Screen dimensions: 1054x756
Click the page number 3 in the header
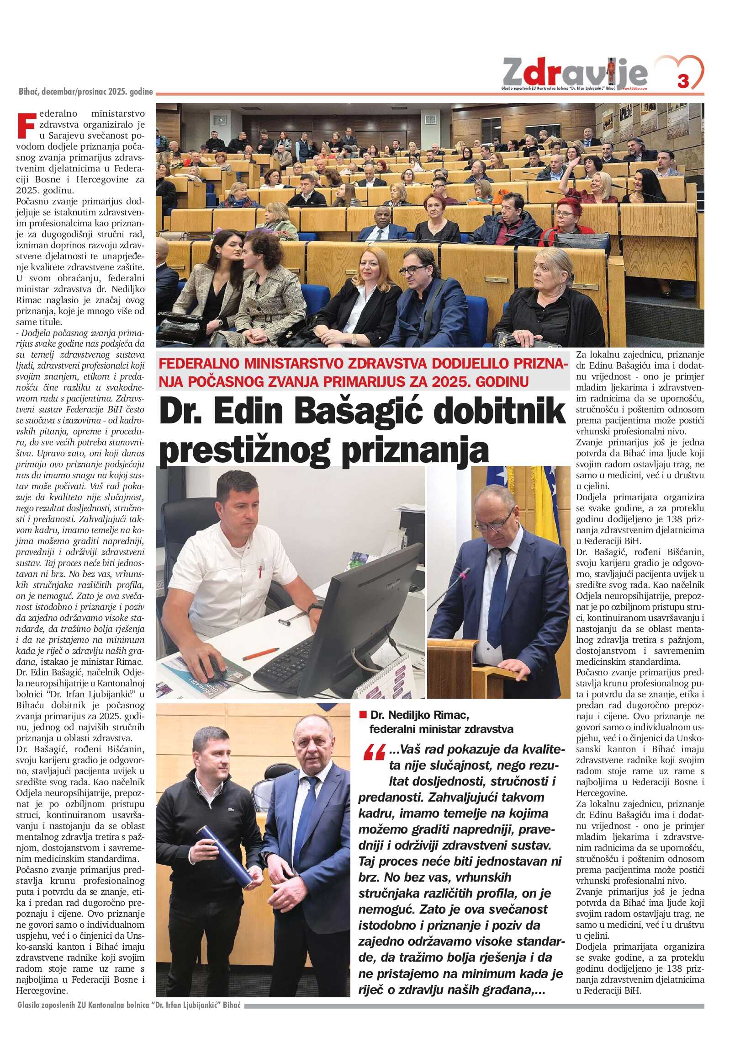pyautogui.click(x=682, y=81)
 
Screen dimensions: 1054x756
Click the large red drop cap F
pyautogui.click(x=26, y=125)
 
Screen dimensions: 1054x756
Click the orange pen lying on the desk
pyautogui.click(x=259, y=655)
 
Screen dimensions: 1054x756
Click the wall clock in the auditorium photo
pyautogui.click(x=430, y=118)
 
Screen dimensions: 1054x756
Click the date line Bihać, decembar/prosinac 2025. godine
pyautogui.click(x=86, y=91)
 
